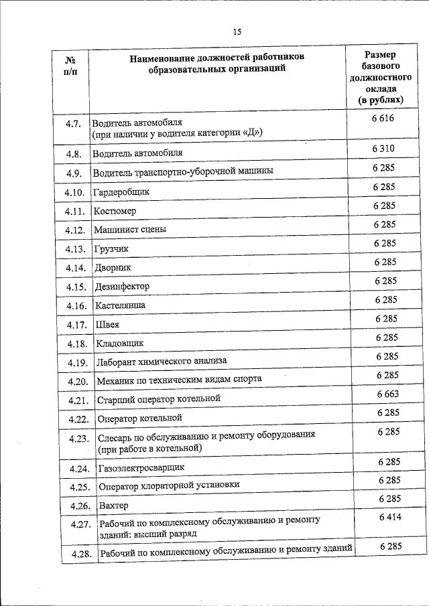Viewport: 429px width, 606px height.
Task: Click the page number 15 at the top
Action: pos(237,31)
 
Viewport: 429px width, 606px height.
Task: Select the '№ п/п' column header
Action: pos(70,66)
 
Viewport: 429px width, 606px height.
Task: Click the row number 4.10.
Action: pos(75,193)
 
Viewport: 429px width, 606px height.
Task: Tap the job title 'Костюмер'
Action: pos(115,211)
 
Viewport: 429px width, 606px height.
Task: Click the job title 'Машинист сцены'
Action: pos(130,230)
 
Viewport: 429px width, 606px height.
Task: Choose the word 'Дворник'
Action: pos(113,267)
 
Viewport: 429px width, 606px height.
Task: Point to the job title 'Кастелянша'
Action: pos(120,305)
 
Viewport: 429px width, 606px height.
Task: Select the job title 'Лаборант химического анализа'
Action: pos(162,361)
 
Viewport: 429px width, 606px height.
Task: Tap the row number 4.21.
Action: pos(78,400)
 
